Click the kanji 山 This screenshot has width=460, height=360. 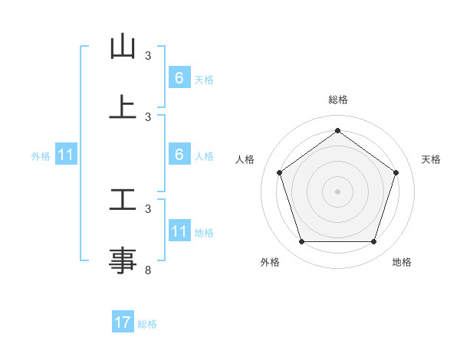[x=123, y=47]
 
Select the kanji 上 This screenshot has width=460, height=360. [x=123, y=107]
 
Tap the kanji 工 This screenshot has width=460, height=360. [x=123, y=200]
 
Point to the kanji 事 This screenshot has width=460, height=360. [x=123, y=260]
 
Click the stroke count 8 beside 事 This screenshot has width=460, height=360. [x=148, y=270]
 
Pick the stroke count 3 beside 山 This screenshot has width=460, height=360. [x=148, y=56]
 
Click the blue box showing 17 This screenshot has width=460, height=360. [x=123, y=322]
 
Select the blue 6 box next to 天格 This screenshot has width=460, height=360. [x=179, y=78]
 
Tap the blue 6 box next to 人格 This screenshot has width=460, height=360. [x=179, y=155]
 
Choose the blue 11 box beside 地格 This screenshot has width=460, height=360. [x=179, y=231]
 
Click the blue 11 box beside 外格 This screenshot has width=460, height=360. [x=66, y=155]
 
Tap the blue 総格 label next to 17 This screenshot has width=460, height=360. [x=147, y=324]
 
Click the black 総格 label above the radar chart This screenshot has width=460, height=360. [x=337, y=100]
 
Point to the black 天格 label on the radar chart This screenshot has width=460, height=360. [x=432, y=159]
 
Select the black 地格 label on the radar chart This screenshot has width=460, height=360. [x=402, y=263]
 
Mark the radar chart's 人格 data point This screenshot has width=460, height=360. [x=279, y=172]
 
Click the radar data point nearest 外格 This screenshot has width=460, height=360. [x=301, y=242]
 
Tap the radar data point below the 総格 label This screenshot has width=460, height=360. [x=337, y=130]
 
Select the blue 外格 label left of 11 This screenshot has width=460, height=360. [x=41, y=156]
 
